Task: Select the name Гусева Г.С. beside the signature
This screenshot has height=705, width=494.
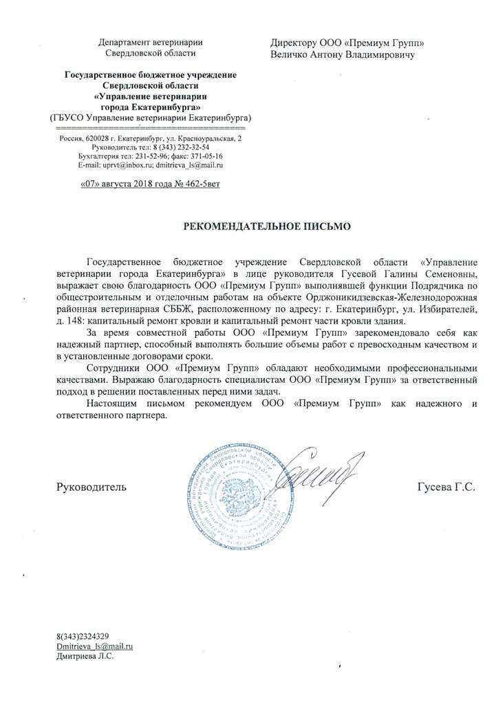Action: (x=447, y=487)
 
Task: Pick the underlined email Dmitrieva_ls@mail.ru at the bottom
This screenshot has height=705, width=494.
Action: (x=94, y=647)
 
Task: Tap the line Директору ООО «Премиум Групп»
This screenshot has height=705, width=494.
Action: (x=348, y=43)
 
